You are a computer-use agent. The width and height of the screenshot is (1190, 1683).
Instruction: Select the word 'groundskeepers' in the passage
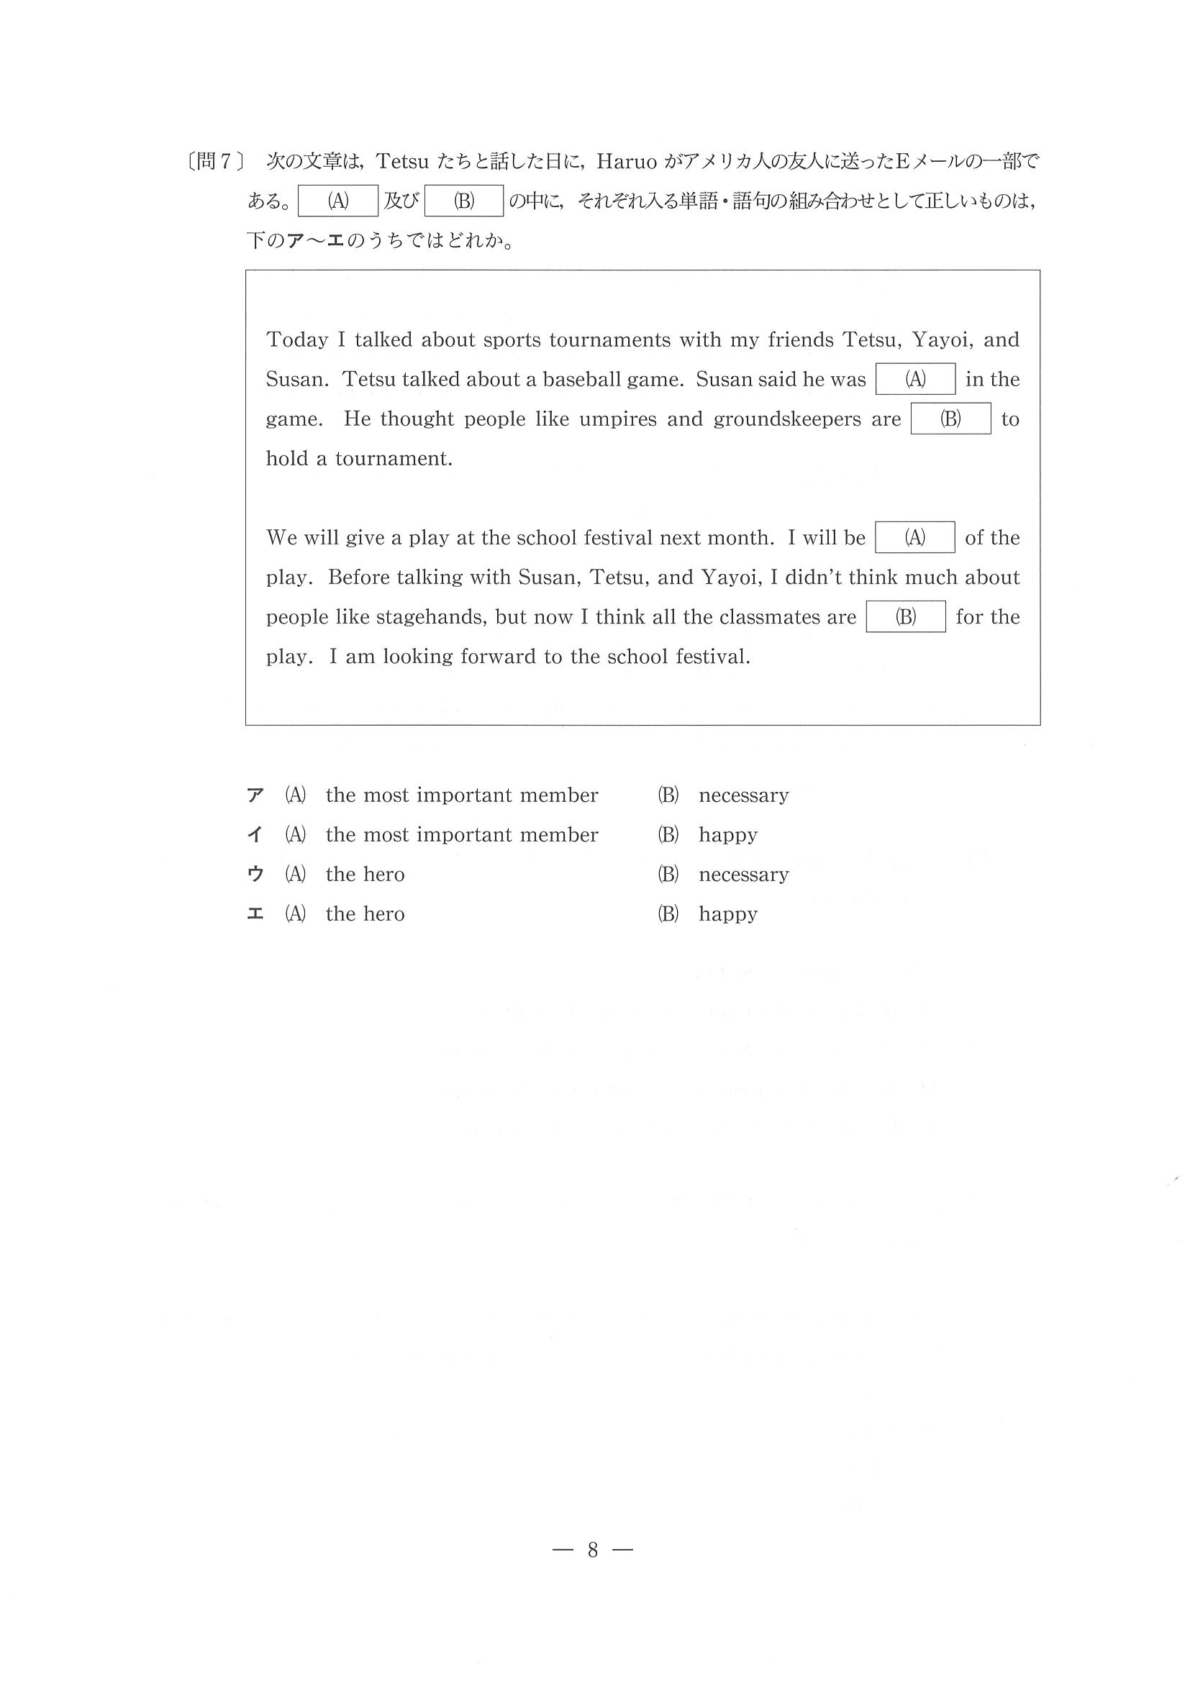coord(786,419)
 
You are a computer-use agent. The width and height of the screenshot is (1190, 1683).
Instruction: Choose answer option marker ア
coord(255,795)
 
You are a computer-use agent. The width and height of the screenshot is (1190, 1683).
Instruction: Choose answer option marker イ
coord(255,835)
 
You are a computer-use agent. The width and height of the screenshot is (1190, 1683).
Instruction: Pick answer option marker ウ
coord(255,875)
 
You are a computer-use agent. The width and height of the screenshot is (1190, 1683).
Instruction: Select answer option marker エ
coord(255,914)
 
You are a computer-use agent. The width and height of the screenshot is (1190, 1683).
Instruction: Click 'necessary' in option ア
coord(743,795)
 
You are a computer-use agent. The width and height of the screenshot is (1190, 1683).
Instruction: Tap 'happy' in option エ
coord(727,915)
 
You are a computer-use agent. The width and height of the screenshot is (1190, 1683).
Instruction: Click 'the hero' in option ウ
coord(365,875)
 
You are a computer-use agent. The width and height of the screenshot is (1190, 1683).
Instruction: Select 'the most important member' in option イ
coord(462,835)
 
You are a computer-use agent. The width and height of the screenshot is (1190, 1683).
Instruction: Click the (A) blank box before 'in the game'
coord(915,379)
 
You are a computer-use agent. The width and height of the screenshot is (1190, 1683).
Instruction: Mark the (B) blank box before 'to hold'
coord(950,419)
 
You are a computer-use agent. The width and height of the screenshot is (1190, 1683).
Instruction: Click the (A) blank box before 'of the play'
coord(914,537)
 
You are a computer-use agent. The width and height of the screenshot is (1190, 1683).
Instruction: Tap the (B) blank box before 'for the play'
coord(906,616)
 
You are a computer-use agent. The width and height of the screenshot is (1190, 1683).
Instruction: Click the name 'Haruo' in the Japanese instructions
coord(627,161)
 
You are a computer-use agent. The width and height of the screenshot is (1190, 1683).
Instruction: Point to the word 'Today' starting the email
coord(297,340)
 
